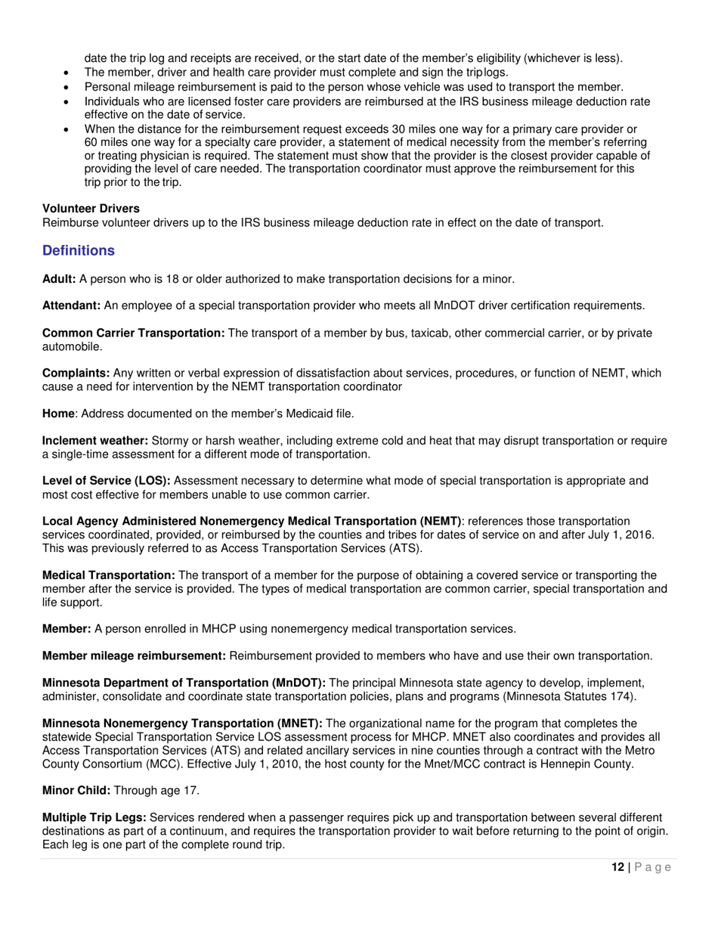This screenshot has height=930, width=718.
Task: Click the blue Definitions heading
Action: pyautogui.click(x=79, y=250)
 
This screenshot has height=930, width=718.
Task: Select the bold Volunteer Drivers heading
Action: pyautogui.click(x=91, y=208)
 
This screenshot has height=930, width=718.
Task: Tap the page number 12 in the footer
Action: pyautogui.click(x=617, y=867)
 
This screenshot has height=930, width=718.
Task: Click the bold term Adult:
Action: pyautogui.click(x=59, y=279)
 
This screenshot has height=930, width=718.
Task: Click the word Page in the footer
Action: pyautogui.click(x=652, y=867)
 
